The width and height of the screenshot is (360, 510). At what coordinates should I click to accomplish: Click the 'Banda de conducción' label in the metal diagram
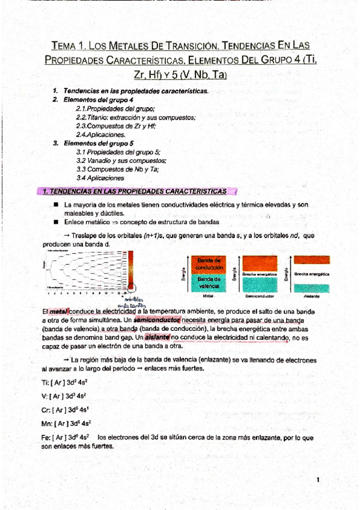209,263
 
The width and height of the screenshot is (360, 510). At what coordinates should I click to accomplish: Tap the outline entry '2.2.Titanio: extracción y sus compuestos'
135,117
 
